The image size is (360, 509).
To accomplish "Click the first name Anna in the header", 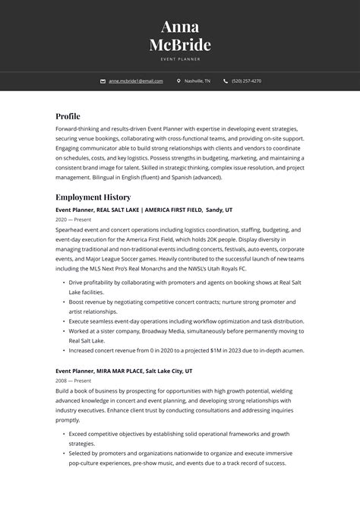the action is pyautogui.click(x=180, y=27).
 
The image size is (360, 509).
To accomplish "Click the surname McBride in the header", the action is pyautogui.click(x=180, y=45).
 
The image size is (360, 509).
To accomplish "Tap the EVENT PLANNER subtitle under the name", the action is pyautogui.click(x=180, y=58).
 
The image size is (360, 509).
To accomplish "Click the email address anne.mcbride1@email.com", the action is pyautogui.click(x=136, y=81).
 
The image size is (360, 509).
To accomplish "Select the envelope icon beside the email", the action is pyautogui.click(x=103, y=81).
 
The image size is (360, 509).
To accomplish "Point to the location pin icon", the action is pyautogui.click(x=178, y=81).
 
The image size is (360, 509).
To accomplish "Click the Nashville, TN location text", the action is pyautogui.click(x=197, y=81).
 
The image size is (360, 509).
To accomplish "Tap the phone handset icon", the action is pyautogui.click(x=226, y=81).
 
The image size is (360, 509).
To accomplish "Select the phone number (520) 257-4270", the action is pyautogui.click(x=246, y=81).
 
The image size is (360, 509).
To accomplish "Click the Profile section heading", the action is pyautogui.click(x=68, y=116).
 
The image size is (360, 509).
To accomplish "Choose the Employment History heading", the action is pyautogui.click(x=93, y=197).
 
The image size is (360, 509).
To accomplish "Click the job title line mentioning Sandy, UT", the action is pyautogui.click(x=144, y=209).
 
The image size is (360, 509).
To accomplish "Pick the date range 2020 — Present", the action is pyautogui.click(x=73, y=219).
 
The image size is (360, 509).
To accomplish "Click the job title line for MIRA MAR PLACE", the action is pyautogui.click(x=124, y=371).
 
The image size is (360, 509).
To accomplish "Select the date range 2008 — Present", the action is pyautogui.click(x=73, y=381).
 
